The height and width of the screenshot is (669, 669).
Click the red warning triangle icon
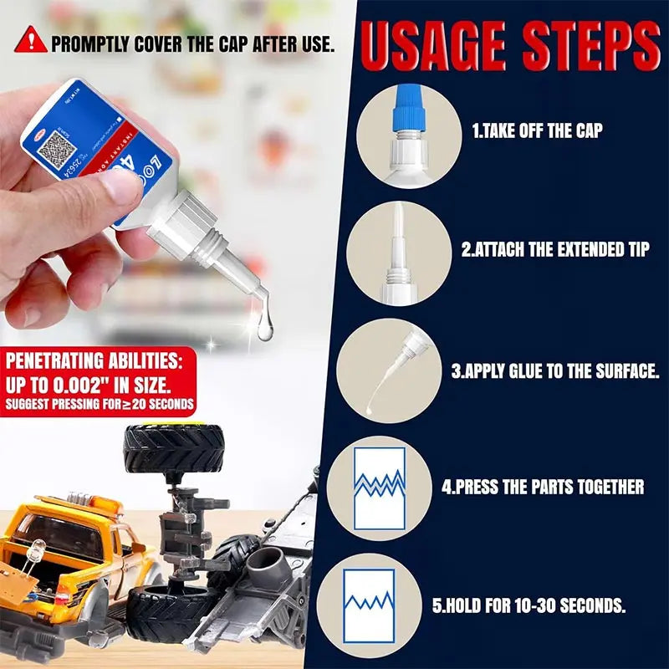click(x=30, y=39)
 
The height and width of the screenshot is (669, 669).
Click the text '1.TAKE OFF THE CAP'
click(x=538, y=131)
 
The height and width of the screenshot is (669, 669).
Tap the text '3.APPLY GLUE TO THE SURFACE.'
click(x=555, y=370)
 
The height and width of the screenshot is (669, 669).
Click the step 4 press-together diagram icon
click(x=379, y=488)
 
